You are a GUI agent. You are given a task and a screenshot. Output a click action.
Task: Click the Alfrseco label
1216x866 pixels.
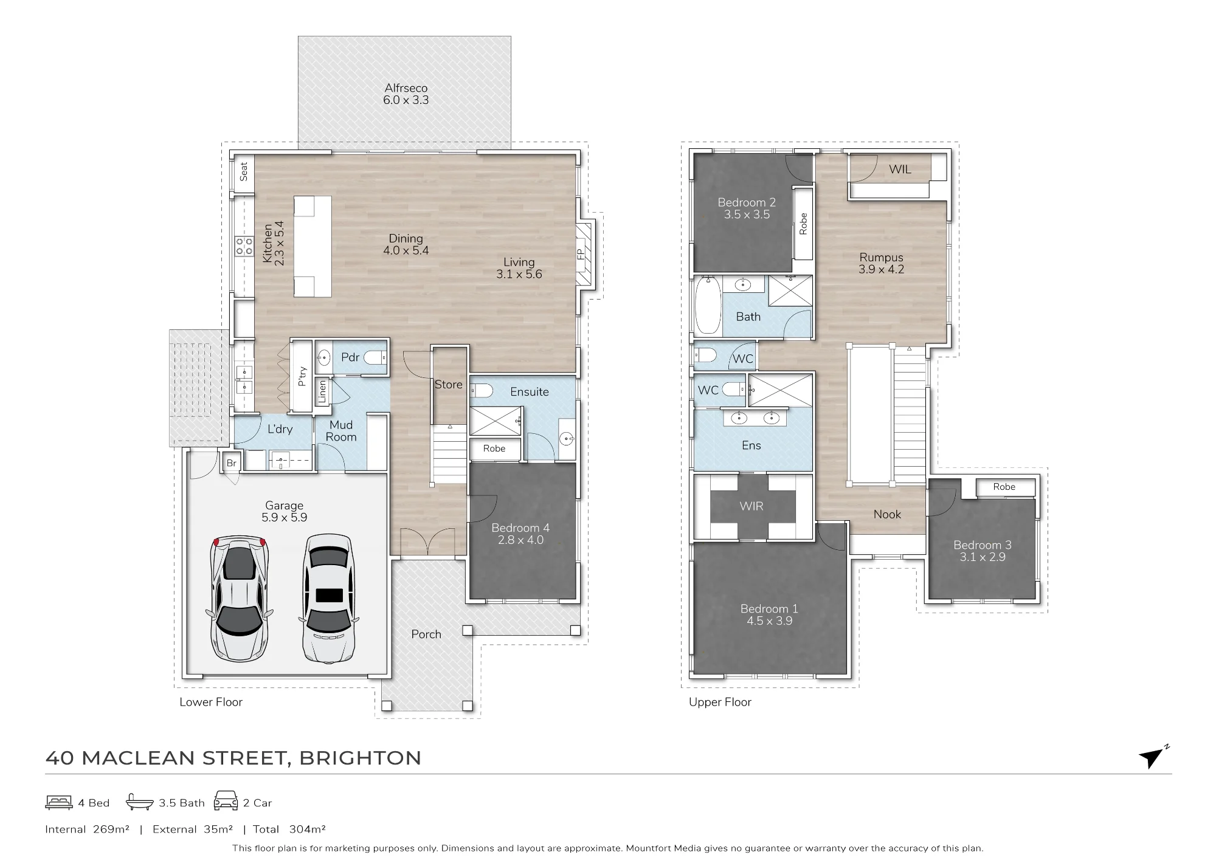pos(406,88)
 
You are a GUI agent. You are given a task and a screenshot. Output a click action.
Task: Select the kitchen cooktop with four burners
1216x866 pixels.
pos(244,246)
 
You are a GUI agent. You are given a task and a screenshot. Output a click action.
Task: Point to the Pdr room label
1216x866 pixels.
pos(350,357)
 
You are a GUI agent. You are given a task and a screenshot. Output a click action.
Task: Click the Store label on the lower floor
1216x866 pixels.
pos(449,385)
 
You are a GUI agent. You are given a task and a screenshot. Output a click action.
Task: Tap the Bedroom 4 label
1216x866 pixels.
pos(520,528)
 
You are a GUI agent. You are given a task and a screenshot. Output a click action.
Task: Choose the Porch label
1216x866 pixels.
pos(426,634)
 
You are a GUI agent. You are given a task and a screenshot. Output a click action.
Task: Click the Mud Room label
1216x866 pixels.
pos(341,431)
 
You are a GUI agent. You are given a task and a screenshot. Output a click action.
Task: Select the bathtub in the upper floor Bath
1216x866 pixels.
pos(708,305)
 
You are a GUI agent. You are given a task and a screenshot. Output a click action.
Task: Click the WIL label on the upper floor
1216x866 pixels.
pos(900,170)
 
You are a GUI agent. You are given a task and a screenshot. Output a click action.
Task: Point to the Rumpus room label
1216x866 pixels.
pos(882,258)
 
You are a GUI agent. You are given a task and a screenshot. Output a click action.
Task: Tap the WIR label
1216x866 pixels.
pos(751,506)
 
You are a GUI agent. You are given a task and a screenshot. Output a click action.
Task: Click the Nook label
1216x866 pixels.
pos(887,515)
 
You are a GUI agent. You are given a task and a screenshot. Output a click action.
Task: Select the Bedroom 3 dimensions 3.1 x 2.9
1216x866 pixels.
pos(983,557)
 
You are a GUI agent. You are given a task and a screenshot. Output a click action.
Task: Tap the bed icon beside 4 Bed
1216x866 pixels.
pos(59,803)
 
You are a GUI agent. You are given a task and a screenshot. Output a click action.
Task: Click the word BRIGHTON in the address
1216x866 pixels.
pos(361,758)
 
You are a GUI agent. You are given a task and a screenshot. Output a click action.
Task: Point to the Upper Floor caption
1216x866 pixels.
pos(720,703)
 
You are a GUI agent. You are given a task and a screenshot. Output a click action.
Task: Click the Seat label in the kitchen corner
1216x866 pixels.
pos(244,172)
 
